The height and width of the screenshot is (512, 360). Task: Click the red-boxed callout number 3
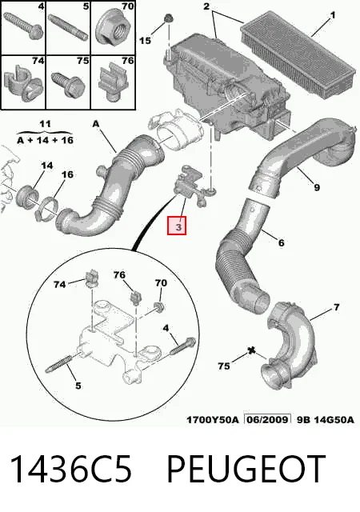tap(177, 226)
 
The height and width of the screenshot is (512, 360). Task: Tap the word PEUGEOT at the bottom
tap(246, 470)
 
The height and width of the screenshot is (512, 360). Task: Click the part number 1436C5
tap(71, 470)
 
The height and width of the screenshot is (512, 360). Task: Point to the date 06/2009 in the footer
tap(267, 419)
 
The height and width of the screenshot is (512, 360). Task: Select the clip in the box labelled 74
tap(23, 82)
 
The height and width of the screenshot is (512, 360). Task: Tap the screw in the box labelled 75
tap(68, 84)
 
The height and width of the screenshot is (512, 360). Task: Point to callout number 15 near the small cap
tap(146, 41)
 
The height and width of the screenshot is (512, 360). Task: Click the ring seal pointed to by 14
tap(27, 197)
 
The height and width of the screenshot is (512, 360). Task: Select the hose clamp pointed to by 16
tap(46, 208)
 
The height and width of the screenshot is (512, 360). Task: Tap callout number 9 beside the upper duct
tap(317, 187)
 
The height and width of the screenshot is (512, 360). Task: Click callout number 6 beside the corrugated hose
tap(281, 243)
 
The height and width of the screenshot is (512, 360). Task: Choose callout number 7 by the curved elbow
tap(336, 307)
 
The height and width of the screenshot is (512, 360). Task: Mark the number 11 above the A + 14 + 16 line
tap(45, 124)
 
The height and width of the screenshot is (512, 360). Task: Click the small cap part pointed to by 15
tap(169, 18)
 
